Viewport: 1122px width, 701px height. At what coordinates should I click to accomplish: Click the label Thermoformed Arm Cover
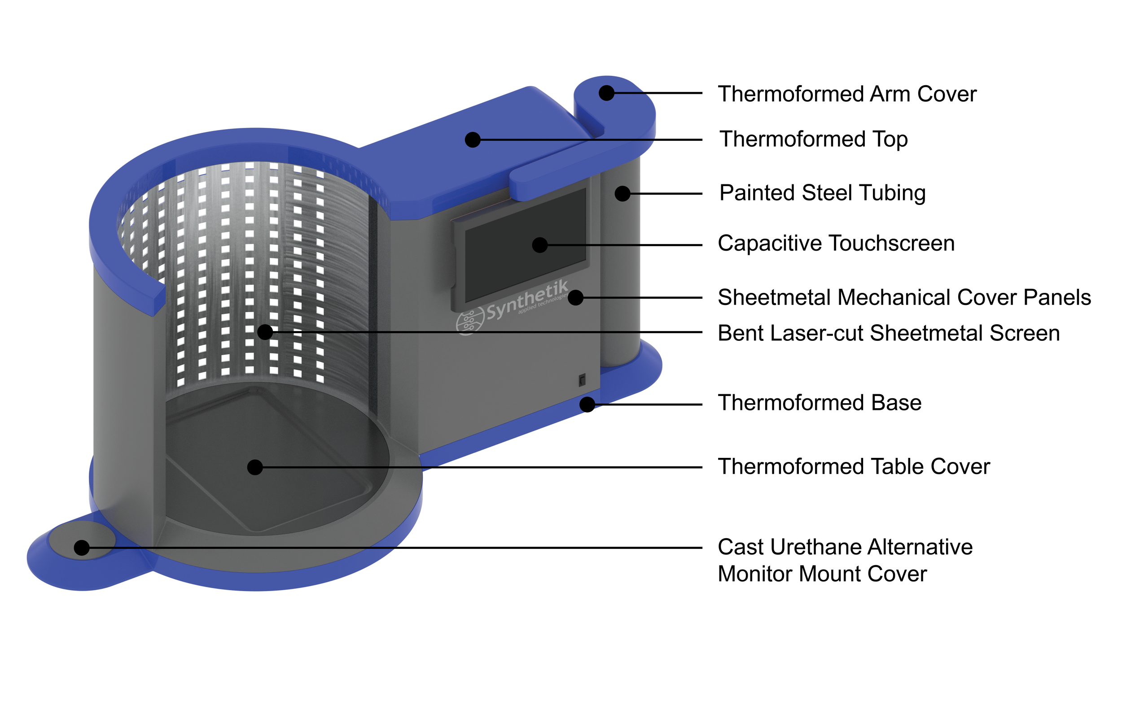[x=846, y=94]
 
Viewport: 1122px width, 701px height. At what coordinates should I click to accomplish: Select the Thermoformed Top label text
[x=813, y=139]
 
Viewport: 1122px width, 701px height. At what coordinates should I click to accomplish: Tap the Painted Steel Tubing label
[x=822, y=193]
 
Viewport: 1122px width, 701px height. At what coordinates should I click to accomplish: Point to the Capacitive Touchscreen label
[x=836, y=244]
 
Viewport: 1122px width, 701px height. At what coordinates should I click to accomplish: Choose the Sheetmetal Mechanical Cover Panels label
[x=904, y=298]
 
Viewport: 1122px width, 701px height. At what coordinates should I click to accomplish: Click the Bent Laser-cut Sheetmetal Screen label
[x=888, y=333]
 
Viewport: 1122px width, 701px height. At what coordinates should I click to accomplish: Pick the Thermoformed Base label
[x=819, y=403]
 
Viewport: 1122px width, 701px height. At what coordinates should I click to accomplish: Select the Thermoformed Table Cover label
[x=854, y=467]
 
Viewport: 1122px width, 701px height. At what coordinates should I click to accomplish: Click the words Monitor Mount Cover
[x=822, y=575]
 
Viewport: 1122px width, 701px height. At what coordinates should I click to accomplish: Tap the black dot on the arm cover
[x=606, y=93]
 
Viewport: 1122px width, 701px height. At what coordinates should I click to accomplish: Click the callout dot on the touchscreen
[x=539, y=245]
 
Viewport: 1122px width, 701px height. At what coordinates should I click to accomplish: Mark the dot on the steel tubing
[x=622, y=193]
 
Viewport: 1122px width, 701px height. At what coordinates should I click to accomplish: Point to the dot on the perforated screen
[x=265, y=332]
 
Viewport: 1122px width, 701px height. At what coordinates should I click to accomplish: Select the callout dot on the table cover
[x=254, y=467]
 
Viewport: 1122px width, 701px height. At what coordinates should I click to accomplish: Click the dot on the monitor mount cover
[x=82, y=548]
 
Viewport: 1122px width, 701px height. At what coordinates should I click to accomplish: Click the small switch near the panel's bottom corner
[x=582, y=381]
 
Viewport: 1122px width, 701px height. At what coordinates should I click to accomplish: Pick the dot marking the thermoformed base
[x=587, y=404]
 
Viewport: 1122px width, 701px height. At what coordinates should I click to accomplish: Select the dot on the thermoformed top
[x=472, y=139]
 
